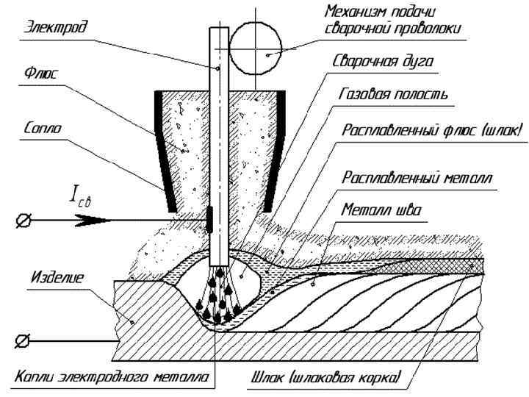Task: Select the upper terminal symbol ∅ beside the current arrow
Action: click(25, 218)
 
